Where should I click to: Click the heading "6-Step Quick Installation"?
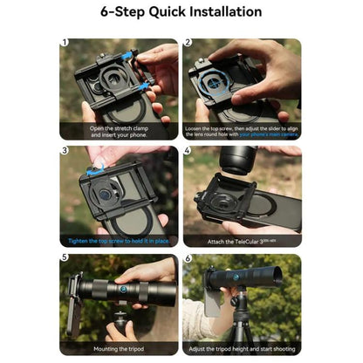(181, 12)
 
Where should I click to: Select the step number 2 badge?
(188, 42)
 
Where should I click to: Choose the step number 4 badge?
(188, 150)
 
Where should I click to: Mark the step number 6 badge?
(188, 258)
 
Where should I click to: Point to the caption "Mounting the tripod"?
(120, 348)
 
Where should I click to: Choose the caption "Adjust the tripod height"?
(242, 348)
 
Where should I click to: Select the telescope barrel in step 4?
(237, 161)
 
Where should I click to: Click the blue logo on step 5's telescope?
(124, 289)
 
